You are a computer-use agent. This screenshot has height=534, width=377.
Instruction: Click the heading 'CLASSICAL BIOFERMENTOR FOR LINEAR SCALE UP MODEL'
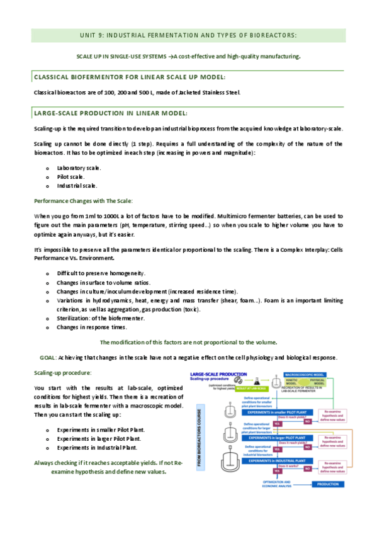[129, 77]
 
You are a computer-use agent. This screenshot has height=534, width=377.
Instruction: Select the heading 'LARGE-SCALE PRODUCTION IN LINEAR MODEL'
[110, 113]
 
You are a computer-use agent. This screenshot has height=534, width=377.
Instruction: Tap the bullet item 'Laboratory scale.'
[79, 168]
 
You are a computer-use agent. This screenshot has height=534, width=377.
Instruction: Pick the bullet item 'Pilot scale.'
[70, 177]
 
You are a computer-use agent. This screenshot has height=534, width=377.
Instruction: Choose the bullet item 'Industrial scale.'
[77, 186]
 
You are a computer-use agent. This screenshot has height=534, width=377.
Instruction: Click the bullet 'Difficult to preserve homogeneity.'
[101, 273]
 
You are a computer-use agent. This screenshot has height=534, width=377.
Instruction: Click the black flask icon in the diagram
[257, 382]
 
